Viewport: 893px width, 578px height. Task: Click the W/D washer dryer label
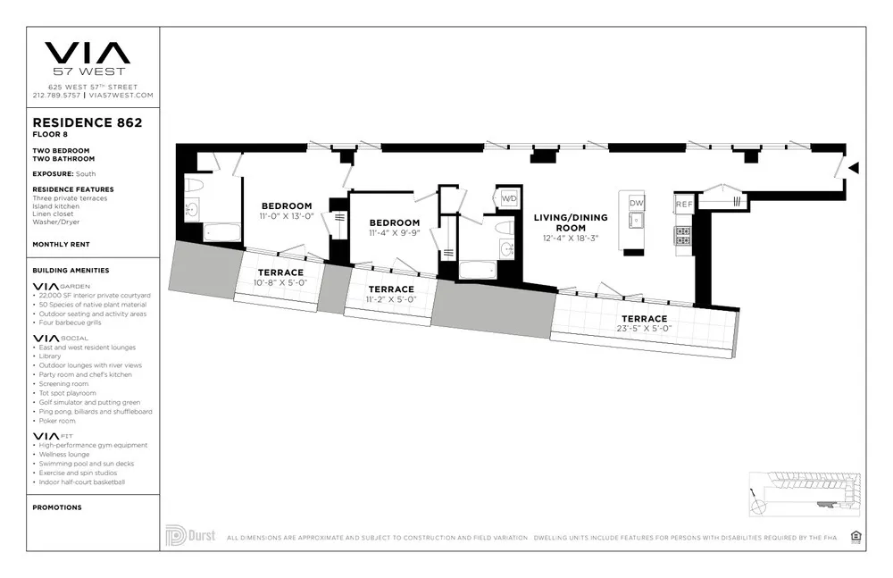(509, 197)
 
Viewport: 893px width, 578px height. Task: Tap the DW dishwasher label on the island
(636, 204)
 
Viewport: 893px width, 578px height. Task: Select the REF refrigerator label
(683, 205)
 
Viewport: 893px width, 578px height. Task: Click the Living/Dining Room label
(571, 222)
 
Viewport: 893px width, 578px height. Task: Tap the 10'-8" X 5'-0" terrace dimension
(280, 283)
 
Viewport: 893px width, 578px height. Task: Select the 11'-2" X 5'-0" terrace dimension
(391, 300)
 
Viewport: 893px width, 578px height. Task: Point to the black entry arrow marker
(854, 168)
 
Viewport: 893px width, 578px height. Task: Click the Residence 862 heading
(88, 122)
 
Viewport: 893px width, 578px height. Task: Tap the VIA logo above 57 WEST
(88, 53)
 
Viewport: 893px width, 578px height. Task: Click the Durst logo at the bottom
(190, 536)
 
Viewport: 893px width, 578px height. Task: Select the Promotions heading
(57, 507)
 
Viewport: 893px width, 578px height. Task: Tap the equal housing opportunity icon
(855, 537)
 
